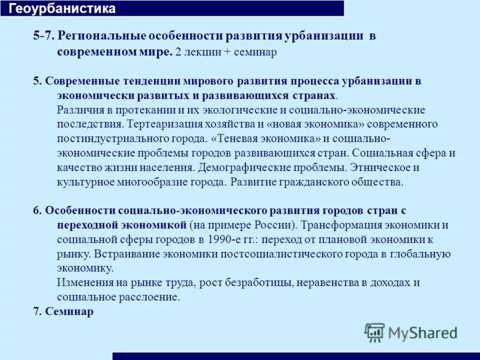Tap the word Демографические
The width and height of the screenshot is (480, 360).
pos(250,167)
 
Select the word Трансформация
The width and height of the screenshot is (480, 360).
pos(340,225)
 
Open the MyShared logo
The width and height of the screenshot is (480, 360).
pos(411,332)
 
